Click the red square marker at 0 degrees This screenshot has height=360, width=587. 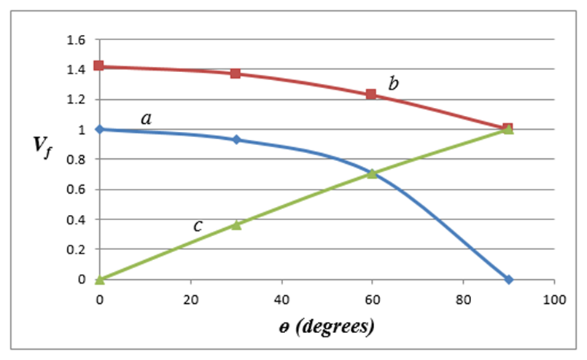99,66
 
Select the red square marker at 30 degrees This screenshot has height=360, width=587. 236,74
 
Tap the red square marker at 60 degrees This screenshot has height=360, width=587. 371,94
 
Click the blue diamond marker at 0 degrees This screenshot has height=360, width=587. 99,129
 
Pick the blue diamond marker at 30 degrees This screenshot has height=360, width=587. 236,139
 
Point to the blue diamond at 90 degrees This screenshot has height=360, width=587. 508,279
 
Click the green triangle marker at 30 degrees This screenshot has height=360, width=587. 236,224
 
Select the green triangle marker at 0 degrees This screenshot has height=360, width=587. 99,279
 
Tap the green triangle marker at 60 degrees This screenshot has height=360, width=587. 372,173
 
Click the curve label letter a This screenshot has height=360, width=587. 146,117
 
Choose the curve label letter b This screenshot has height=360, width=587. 393,84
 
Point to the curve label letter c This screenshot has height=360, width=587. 198,226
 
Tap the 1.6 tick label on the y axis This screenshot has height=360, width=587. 77,39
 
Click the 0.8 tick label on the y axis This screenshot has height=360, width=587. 77,160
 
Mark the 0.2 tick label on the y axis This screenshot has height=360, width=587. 77,249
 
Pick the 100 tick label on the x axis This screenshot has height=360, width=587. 554,298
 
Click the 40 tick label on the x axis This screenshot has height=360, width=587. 281,298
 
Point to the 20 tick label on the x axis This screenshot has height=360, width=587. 190,298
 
